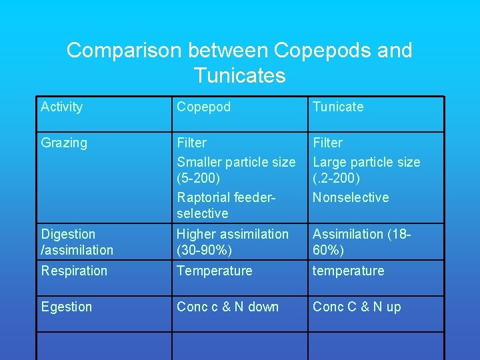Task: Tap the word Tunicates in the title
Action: point(239,75)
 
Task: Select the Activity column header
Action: point(61,107)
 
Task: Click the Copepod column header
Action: point(203,107)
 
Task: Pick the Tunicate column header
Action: point(338,107)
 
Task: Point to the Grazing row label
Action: point(64,143)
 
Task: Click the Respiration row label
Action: point(74,271)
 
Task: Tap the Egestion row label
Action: point(67,307)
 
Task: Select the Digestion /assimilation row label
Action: point(77,242)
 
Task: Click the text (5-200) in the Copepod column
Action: point(198,179)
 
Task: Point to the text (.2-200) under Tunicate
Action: point(336,179)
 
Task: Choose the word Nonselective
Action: point(351,197)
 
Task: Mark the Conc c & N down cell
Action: point(227,307)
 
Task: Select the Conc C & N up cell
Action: point(357,307)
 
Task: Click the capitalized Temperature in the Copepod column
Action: point(214,271)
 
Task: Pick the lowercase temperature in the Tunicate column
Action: point(348,271)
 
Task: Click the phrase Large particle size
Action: point(366,162)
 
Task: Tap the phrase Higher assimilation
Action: point(232,234)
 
